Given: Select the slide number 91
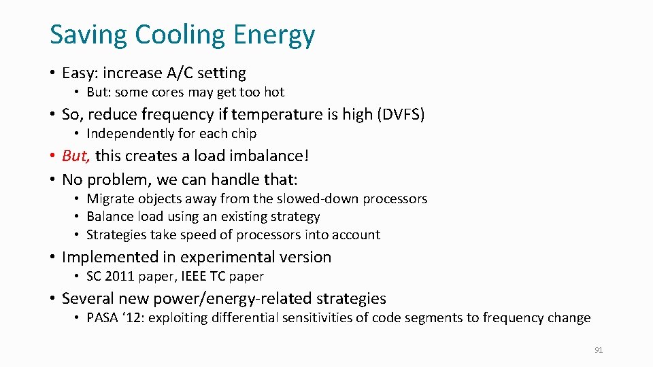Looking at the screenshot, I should pyautogui.click(x=599, y=350).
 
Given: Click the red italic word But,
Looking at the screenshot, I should pyautogui.click(x=76, y=156).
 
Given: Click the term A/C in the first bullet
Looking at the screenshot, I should pyautogui.click(x=177, y=73).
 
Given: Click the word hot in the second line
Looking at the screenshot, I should pyautogui.click(x=274, y=92).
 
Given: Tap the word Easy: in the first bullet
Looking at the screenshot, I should pyautogui.click(x=81, y=73).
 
